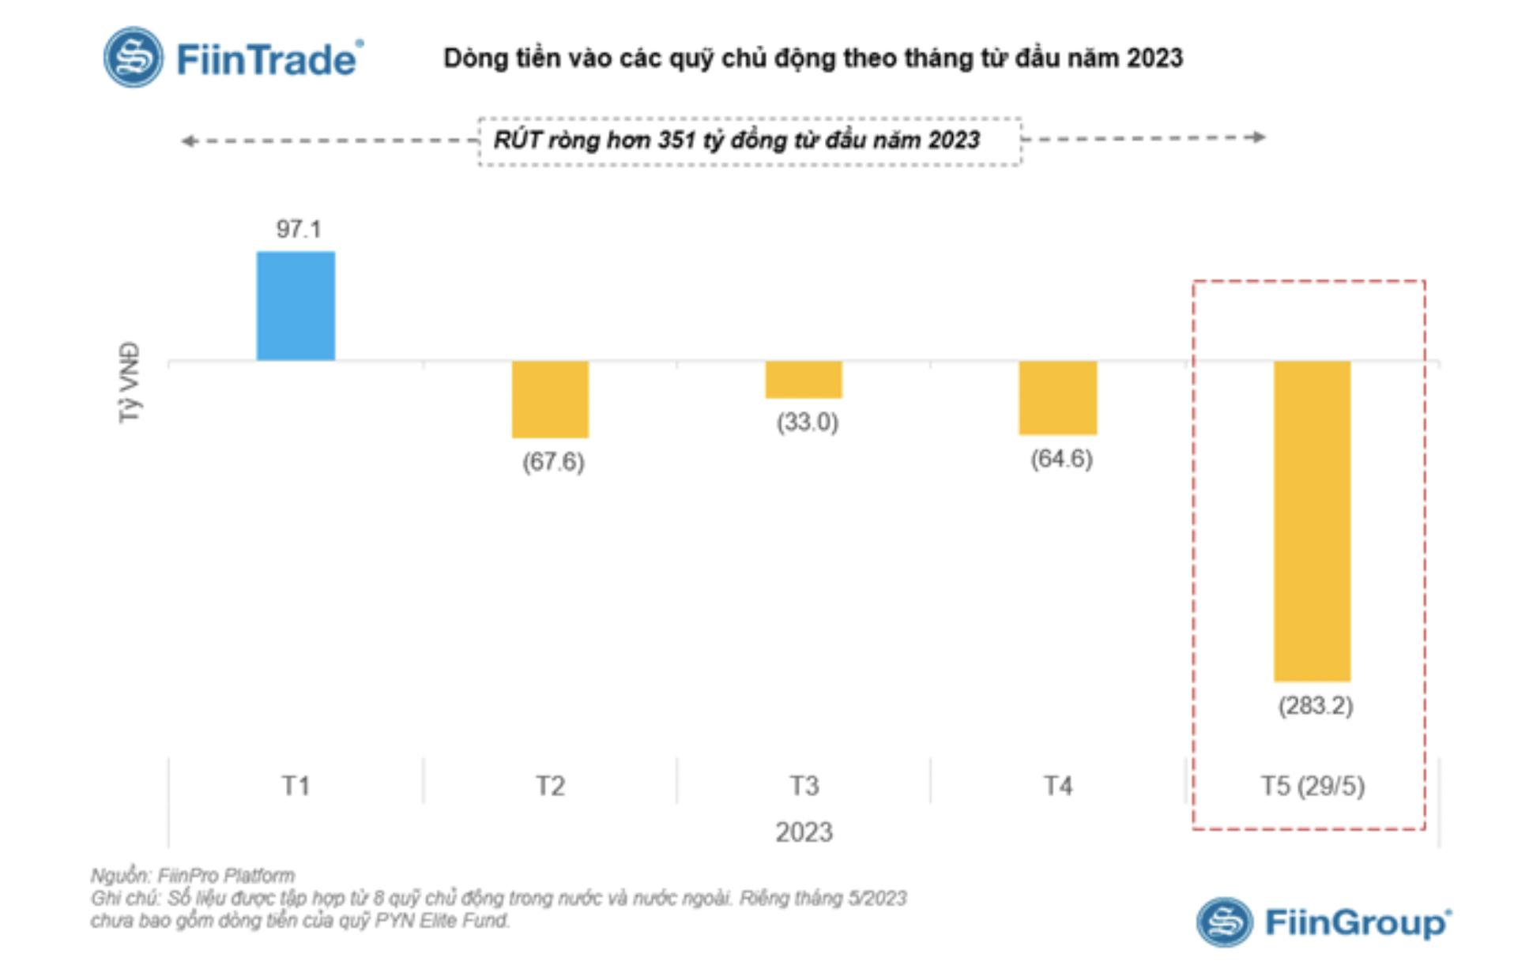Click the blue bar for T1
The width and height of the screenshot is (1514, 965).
point(296,306)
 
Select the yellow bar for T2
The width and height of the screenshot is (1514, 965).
point(550,399)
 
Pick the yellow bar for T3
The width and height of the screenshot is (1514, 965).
point(804,380)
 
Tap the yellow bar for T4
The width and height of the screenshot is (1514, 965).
point(1057,397)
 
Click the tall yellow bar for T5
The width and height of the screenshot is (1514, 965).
point(1312,520)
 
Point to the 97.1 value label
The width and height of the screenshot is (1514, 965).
point(298,229)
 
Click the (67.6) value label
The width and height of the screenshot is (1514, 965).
point(553,461)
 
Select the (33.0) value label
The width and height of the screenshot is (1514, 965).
point(807,422)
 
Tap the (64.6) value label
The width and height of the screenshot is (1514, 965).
point(1061,459)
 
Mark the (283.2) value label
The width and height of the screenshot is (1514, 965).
point(1316,705)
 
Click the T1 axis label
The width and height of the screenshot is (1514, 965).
point(296,786)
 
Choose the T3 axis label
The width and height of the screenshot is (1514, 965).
point(804,786)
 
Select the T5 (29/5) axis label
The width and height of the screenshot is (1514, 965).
point(1313,786)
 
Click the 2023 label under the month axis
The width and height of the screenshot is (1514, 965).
point(804,832)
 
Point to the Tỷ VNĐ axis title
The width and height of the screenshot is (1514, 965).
point(130,382)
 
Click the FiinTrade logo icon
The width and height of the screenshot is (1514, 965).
point(134,58)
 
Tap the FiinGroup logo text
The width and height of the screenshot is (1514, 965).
point(1358,922)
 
